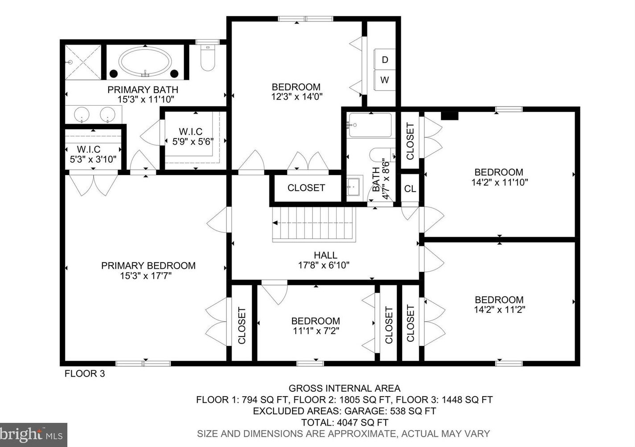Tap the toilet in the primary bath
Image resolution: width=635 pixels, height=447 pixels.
pos(208,58)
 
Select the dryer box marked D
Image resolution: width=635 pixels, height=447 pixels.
pos(385,60)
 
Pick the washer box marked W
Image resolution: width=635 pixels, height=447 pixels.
pos(385,80)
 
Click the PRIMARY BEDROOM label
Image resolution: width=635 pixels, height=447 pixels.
pos(148,266)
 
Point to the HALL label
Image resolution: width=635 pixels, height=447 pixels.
pos(326,255)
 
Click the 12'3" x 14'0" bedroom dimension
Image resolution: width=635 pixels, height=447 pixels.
pos(297,97)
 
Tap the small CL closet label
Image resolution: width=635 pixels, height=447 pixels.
pos(410,189)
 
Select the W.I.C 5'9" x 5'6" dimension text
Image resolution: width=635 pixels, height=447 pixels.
pos(193,141)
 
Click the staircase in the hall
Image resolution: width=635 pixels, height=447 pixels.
pos(314,224)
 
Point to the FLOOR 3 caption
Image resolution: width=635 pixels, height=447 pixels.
pos(85,373)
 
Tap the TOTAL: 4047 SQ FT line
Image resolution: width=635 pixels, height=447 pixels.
pos(344,422)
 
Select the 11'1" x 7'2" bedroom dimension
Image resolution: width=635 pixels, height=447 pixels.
pos(316,331)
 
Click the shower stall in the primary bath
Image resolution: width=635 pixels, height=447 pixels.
pos(83,62)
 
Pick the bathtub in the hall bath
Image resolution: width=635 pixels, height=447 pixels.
pos(370,125)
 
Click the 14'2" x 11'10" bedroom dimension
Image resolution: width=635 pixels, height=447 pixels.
pos(500,182)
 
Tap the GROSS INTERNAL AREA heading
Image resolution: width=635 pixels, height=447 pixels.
pos(344,388)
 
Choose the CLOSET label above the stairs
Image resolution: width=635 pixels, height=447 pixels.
pos(306,188)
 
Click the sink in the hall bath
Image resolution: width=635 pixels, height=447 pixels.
pos(353,187)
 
